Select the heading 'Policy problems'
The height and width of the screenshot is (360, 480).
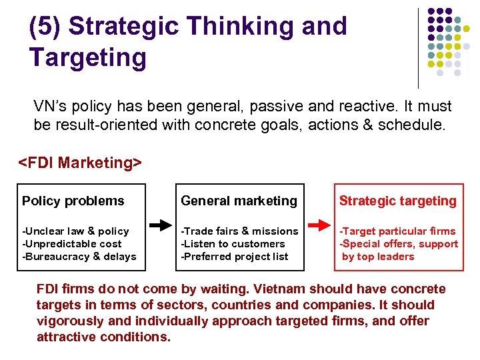pos(73,201)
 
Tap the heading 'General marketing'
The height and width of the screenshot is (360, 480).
pos(239,201)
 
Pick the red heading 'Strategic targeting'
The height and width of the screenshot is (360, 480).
pos(398,201)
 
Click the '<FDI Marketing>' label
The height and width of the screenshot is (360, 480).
pos(80,163)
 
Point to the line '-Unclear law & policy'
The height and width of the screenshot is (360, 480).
pos(75,231)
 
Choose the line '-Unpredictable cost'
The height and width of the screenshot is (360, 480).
pos(72,244)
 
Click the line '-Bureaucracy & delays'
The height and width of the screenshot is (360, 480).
pos(79,257)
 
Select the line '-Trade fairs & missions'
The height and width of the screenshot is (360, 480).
pos(240,231)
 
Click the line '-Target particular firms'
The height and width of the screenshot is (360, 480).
pos(398,231)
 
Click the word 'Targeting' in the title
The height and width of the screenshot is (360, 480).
pos(88,57)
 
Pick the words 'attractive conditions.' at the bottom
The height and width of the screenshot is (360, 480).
pos(104,337)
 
